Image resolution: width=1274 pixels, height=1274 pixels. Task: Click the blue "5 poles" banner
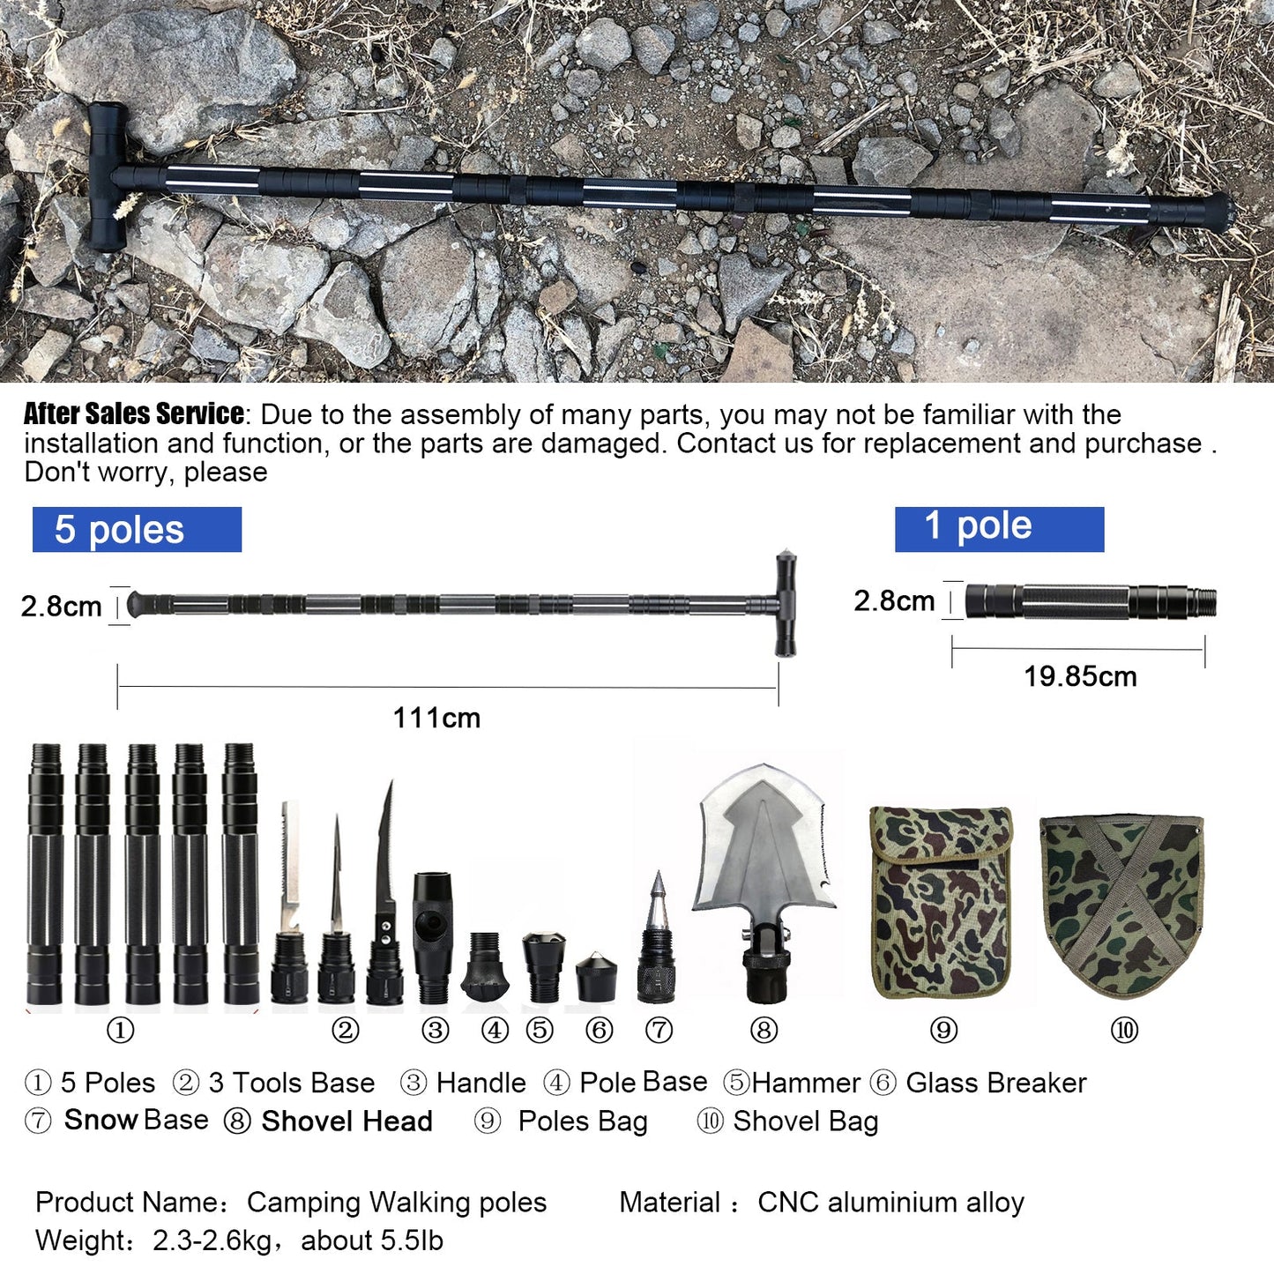[x=137, y=530]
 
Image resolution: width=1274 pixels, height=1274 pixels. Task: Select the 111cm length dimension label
[x=436, y=718]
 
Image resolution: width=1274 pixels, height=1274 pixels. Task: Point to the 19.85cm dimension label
[x=1080, y=676]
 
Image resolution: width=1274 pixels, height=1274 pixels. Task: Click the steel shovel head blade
[x=763, y=846]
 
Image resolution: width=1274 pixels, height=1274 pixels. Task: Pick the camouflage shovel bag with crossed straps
[x=1122, y=904]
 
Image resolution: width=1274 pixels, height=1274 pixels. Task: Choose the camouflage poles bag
[x=942, y=901]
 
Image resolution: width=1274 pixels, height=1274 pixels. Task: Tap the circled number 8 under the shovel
[x=764, y=1030]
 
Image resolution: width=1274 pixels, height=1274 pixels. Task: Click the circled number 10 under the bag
[x=1124, y=1030]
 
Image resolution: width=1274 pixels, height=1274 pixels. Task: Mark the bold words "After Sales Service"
[x=134, y=413]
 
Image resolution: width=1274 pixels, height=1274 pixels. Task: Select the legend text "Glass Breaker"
[x=996, y=1083]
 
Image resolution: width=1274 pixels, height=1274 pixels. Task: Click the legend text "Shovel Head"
[x=346, y=1121]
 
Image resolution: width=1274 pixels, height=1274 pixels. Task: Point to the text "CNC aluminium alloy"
[x=890, y=1203]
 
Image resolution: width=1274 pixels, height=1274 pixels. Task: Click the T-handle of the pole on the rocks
[x=106, y=176]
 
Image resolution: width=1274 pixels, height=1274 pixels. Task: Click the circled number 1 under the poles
[x=120, y=1030]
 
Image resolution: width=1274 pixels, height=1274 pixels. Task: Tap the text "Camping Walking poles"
[x=397, y=1203]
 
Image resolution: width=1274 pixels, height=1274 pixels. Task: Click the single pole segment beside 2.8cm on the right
[x=1091, y=601]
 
